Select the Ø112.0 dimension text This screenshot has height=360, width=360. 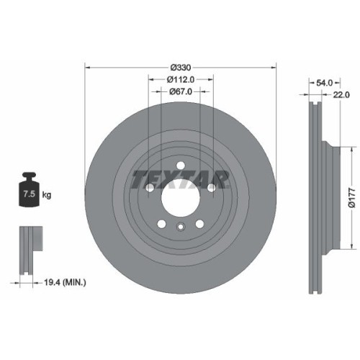click(179, 80)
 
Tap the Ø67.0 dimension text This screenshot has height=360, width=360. click(179, 91)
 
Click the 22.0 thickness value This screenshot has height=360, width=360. click(341, 94)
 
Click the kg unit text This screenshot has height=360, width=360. click(46, 194)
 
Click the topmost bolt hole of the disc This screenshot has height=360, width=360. click(179, 164)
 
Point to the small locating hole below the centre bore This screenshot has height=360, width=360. click(179, 228)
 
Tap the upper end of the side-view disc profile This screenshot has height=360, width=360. click(314, 108)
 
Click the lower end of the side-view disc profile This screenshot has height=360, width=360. click(314, 288)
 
